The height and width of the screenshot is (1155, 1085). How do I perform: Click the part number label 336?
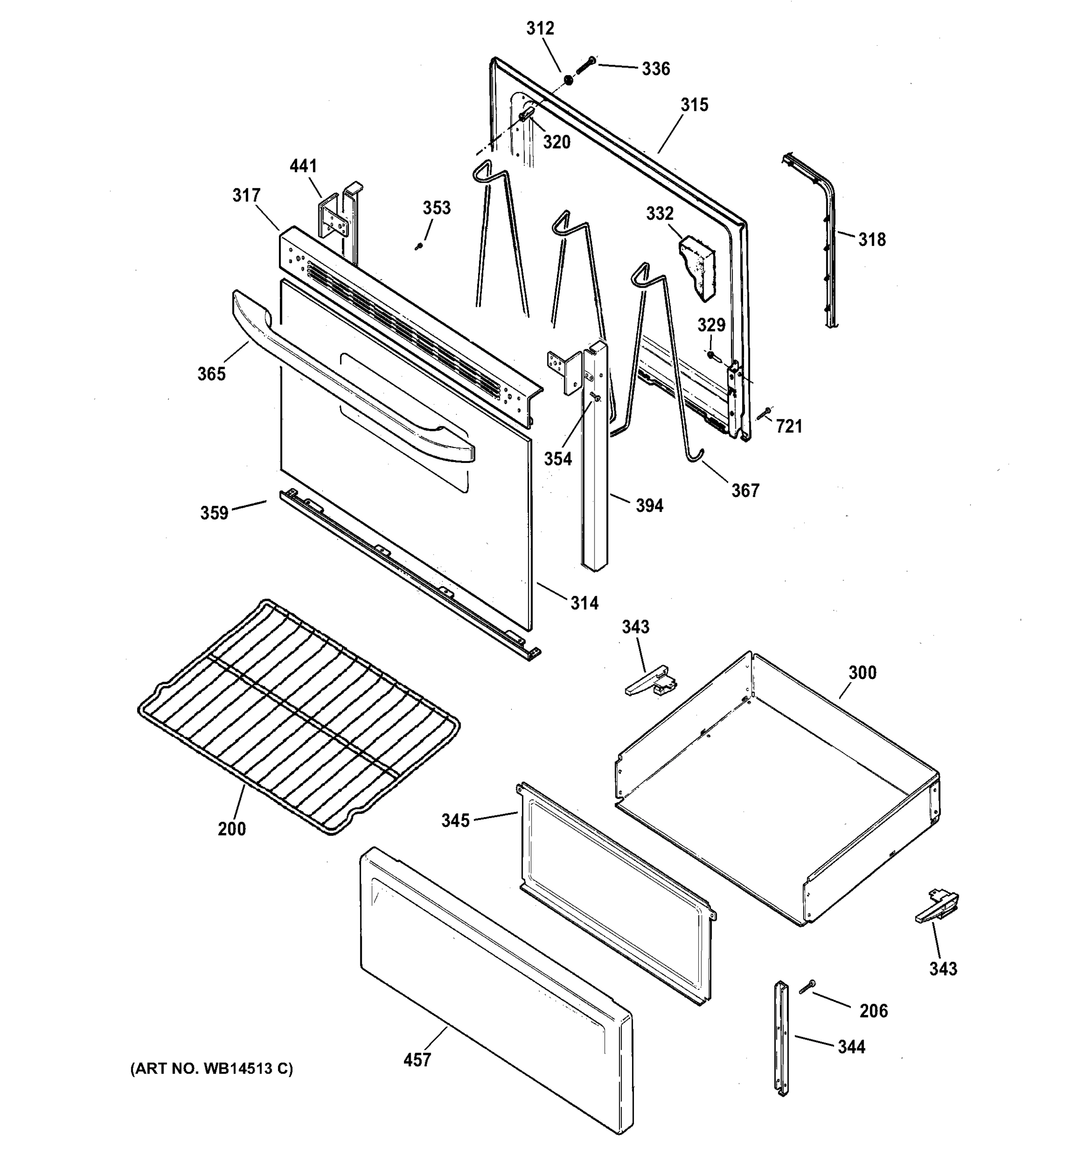pos(656,69)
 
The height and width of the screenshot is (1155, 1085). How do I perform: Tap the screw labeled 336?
pos(585,65)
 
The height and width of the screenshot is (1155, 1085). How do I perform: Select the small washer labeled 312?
pos(568,79)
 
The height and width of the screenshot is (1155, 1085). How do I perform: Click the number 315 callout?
pos(694,105)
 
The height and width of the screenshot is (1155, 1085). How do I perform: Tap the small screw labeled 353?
pos(417,247)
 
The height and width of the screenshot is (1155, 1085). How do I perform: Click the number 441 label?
pos(303,167)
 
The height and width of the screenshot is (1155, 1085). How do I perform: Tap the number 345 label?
pos(455,821)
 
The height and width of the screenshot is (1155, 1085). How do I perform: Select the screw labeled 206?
pos(807,986)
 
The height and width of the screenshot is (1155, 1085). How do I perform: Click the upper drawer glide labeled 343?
pos(650,683)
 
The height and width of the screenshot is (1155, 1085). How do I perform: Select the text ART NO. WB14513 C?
pos(212,1068)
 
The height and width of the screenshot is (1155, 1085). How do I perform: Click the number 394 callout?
pos(649,506)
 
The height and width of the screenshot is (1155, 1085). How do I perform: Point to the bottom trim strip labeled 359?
pos(406,575)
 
